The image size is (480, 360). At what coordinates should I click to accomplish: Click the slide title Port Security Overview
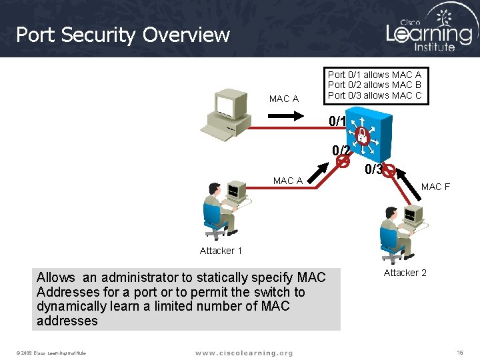(x=123, y=35)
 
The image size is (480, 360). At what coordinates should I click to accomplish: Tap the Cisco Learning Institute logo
(x=429, y=29)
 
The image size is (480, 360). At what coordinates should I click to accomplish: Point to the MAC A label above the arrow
(x=283, y=99)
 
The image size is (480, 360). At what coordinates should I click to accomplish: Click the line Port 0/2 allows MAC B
(x=375, y=85)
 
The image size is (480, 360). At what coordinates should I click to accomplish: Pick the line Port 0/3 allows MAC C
(x=375, y=95)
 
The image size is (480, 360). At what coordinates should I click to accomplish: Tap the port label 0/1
(x=338, y=122)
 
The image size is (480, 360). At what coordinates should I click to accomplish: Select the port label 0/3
(x=373, y=170)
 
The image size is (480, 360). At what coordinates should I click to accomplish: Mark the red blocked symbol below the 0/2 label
(x=343, y=161)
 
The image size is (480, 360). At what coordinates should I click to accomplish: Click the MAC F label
(x=435, y=187)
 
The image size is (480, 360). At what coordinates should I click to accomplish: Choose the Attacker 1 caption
(x=221, y=251)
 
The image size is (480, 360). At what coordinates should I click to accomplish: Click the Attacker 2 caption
(x=405, y=272)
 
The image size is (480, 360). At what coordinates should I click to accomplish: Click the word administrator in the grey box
(x=139, y=277)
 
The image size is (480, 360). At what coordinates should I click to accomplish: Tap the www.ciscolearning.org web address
(x=244, y=352)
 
